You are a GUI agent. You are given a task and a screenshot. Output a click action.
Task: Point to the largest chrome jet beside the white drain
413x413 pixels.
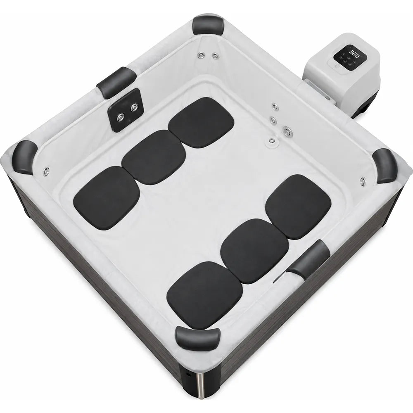[x=287, y=131]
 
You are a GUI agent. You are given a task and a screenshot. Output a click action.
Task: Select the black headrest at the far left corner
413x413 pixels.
[x=25, y=157]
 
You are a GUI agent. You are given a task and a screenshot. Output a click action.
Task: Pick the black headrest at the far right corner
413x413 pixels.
[x=385, y=166]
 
